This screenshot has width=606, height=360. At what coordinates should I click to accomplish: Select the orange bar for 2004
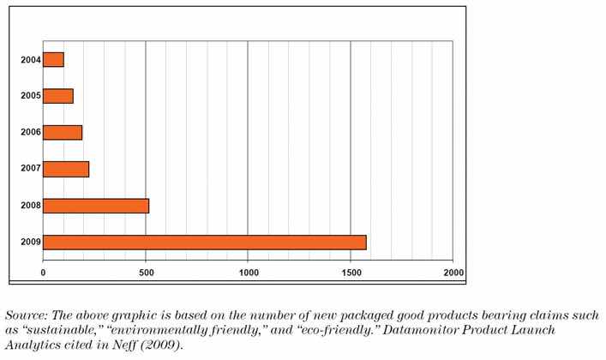[53, 60]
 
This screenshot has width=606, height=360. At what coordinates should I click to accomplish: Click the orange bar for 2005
[58, 96]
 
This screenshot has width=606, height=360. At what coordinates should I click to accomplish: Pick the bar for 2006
[63, 133]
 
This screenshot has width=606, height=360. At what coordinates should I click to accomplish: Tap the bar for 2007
[66, 169]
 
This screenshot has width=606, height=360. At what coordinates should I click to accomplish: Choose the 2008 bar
[96, 206]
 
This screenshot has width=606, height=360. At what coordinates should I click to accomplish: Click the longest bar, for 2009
[204, 242]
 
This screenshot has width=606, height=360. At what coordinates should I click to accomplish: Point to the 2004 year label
[28, 60]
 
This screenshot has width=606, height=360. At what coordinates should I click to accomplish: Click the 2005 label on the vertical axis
[28, 96]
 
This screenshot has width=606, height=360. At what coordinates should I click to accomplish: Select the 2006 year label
[28, 133]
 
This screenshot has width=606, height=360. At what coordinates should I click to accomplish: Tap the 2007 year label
[28, 169]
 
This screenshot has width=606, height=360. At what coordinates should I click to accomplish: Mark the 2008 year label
[28, 206]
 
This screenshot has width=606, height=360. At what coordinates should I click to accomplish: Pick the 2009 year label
[28, 242]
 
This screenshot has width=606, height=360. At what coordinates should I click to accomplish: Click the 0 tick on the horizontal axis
[43, 273]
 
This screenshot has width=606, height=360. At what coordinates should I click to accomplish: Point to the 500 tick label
[146, 273]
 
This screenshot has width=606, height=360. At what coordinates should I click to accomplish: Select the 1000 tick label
[248, 273]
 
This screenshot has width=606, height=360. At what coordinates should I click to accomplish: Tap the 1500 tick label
[350, 273]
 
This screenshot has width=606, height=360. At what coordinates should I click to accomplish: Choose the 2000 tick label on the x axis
[452, 273]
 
